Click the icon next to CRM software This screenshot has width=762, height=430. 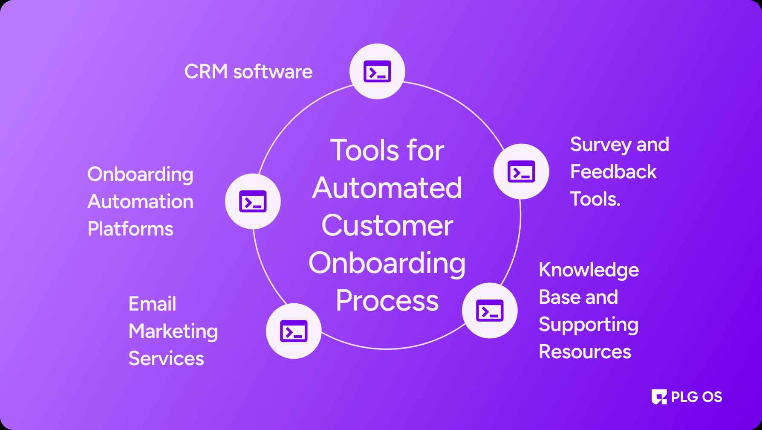click(x=377, y=71)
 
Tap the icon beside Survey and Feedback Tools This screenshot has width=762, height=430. click(x=521, y=171)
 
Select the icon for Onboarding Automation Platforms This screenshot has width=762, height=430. click(x=253, y=201)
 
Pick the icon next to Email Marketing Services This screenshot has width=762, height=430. click(x=294, y=331)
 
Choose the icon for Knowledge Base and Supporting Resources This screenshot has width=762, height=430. click(x=490, y=311)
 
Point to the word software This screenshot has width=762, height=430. click(x=273, y=72)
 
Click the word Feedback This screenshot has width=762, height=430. click(x=613, y=172)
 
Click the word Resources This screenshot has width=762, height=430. click(x=585, y=352)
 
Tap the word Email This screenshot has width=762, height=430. click(x=152, y=304)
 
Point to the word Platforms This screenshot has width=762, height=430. click(x=130, y=229)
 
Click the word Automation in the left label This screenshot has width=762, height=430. click(x=140, y=202)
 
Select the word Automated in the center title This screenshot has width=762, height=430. click(x=387, y=188)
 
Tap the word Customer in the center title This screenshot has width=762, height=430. click(x=387, y=225)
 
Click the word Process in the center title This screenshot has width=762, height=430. click(x=387, y=300)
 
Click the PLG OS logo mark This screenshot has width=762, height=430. click(x=659, y=397)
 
